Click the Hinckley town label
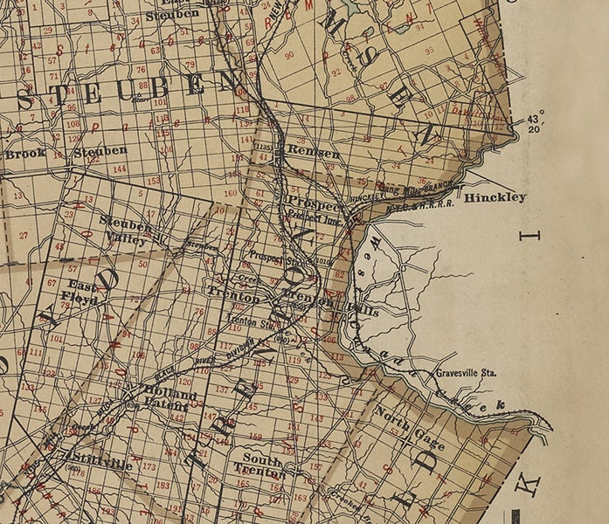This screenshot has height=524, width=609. (495, 198)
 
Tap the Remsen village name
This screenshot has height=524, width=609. (312, 152)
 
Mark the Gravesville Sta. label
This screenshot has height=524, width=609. (466, 373)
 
